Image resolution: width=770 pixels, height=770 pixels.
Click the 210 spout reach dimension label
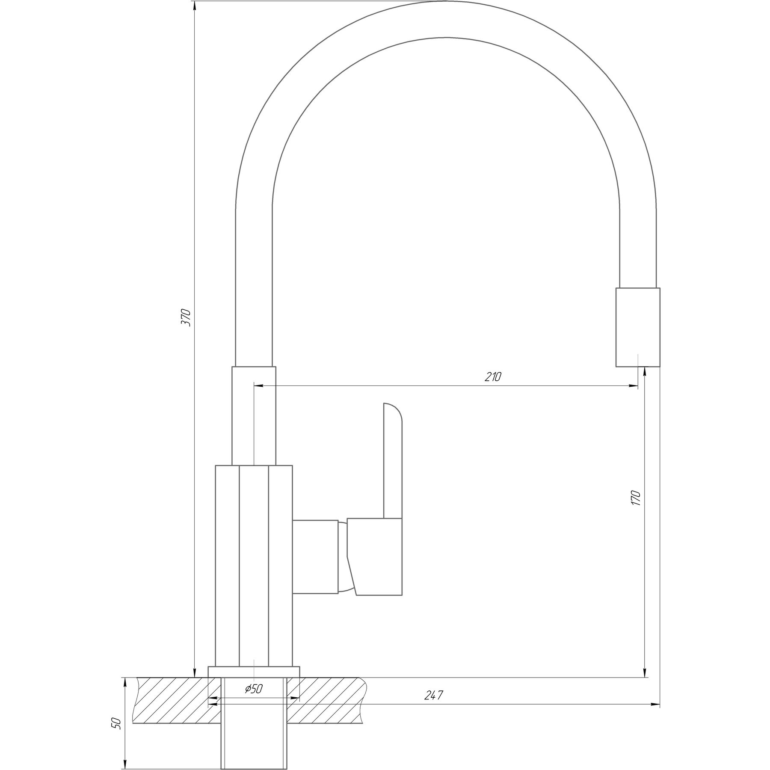[493, 377]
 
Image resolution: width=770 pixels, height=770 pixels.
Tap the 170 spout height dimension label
[636, 498]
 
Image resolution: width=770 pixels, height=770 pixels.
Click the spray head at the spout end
[638, 327]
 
